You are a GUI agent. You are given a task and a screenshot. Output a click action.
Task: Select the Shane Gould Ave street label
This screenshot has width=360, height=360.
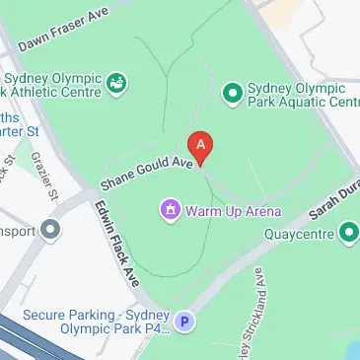point(145,172)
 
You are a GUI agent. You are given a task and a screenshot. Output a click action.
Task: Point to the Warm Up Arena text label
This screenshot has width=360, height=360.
point(234,210)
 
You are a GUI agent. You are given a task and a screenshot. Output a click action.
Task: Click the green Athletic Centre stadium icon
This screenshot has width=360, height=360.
point(117,83)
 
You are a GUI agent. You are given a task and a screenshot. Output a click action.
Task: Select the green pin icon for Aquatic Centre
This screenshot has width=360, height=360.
point(233,92)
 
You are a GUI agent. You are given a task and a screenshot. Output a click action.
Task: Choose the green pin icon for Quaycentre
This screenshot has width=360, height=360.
point(348,234)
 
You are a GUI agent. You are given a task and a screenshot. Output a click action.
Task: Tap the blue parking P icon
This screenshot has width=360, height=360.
point(183,322)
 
